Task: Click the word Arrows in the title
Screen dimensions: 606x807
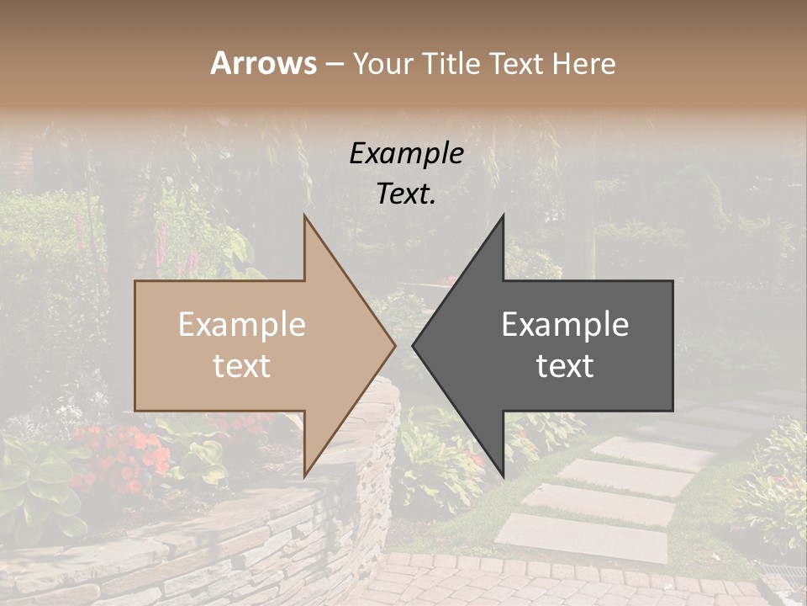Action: click(264, 63)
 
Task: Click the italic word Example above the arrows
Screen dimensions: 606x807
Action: click(406, 153)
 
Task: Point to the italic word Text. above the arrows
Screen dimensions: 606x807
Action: click(406, 194)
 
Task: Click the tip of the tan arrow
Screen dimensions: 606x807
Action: click(393, 345)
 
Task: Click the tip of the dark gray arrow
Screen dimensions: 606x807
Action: click(414, 345)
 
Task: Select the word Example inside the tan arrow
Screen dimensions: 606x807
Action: click(242, 325)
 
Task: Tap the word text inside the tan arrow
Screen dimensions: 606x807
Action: click(242, 365)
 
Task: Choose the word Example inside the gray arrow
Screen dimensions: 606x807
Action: click(565, 325)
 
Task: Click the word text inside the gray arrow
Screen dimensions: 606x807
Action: click(565, 365)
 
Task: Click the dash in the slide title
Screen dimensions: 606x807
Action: click(334, 64)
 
